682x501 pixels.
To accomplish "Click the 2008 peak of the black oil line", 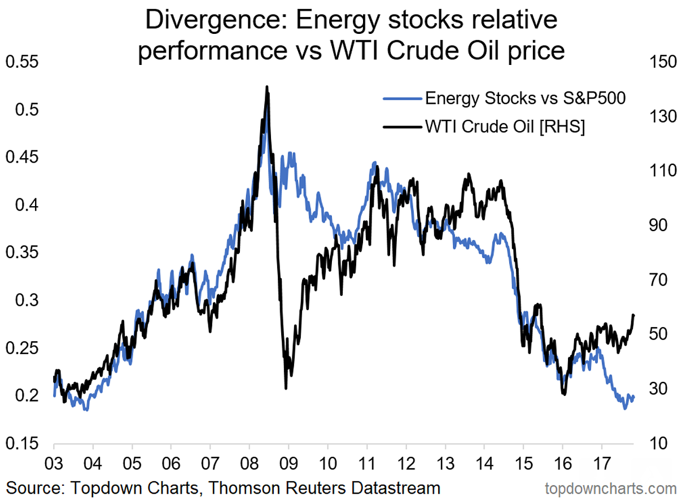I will click(x=266, y=87).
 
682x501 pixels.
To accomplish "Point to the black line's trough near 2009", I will click(x=286, y=388).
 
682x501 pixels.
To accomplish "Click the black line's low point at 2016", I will click(x=563, y=394).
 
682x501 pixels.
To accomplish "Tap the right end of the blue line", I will click(x=634, y=398).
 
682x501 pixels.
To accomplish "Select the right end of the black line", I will click(x=634, y=315).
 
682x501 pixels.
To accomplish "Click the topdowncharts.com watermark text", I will click(x=610, y=487).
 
